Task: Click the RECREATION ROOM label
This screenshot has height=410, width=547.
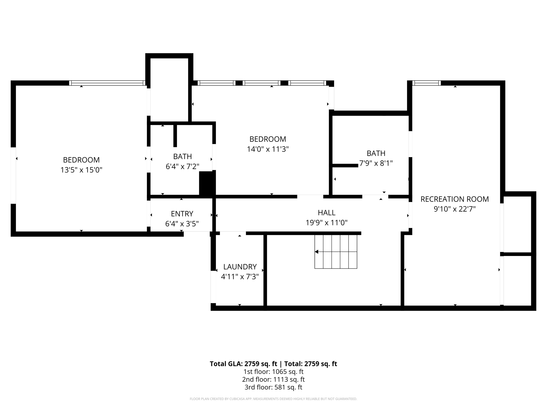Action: pyautogui.click(x=455, y=199)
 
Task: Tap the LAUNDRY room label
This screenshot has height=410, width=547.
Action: pyautogui.click(x=240, y=267)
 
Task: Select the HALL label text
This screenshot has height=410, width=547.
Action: pyautogui.click(x=326, y=213)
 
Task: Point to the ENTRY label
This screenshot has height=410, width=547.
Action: pyautogui.click(x=182, y=214)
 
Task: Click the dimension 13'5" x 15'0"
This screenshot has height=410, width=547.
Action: pyautogui.click(x=81, y=170)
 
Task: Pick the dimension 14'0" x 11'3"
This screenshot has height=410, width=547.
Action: pyautogui.click(x=268, y=149)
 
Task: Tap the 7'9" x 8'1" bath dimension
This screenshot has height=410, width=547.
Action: pyautogui.click(x=376, y=163)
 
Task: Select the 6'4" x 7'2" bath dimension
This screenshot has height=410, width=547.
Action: pyautogui.click(x=182, y=166)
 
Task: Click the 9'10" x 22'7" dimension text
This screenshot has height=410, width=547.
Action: pyautogui.click(x=455, y=209)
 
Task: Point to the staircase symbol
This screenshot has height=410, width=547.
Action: pyautogui.click(x=336, y=252)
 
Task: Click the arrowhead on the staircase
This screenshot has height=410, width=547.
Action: pyautogui.click(x=317, y=252)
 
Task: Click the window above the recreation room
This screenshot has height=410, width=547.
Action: pyautogui.click(x=427, y=83)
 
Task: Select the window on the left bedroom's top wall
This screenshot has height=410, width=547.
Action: pyautogui.click(x=107, y=83)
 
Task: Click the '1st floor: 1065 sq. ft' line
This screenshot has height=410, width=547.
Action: pyautogui.click(x=273, y=372)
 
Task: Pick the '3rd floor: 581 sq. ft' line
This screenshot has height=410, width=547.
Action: pyautogui.click(x=273, y=387)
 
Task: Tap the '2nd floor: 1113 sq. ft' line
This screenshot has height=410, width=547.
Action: pyautogui.click(x=273, y=379)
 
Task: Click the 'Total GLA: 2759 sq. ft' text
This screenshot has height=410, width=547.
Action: pyautogui.click(x=244, y=364)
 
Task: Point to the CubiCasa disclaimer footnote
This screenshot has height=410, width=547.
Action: pyautogui.click(x=273, y=399)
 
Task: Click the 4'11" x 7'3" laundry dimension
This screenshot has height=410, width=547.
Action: pyautogui.click(x=240, y=277)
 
